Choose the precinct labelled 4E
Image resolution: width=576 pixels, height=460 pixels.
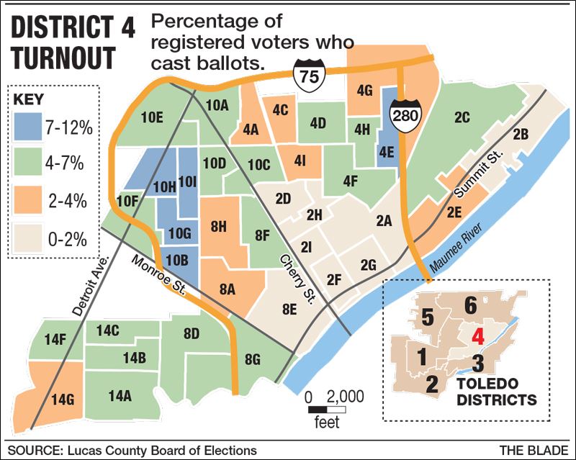(x=386, y=152)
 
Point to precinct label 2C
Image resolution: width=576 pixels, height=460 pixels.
(x=462, y=117)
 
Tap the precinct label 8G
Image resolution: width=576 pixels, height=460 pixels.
(x=253, y=360)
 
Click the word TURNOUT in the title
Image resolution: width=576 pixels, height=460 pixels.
(x=61, y=56)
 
